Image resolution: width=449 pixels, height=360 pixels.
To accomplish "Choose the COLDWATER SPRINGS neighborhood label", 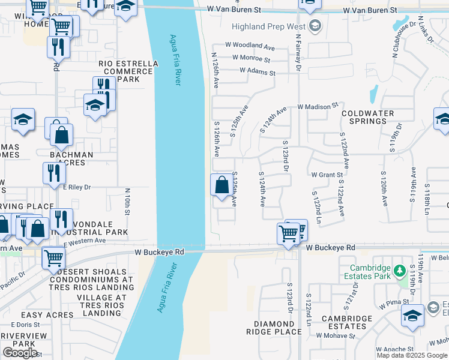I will tap(368, 117).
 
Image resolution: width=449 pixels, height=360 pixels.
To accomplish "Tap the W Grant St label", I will tap(327, 175).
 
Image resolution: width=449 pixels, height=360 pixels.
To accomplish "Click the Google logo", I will tap(20, 352).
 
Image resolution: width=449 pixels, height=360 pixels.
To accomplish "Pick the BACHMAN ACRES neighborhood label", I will tap(71, 159).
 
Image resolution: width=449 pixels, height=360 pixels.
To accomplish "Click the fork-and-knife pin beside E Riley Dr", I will tap(54, 173).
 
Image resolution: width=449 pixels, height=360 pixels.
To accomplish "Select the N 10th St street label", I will tap(128, 201).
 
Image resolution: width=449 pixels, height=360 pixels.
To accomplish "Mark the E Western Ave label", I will tap(84, 241).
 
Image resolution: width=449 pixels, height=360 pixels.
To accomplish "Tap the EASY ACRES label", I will tap(47, 315).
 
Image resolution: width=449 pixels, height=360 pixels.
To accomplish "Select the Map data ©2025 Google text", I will tap(412, 355).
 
